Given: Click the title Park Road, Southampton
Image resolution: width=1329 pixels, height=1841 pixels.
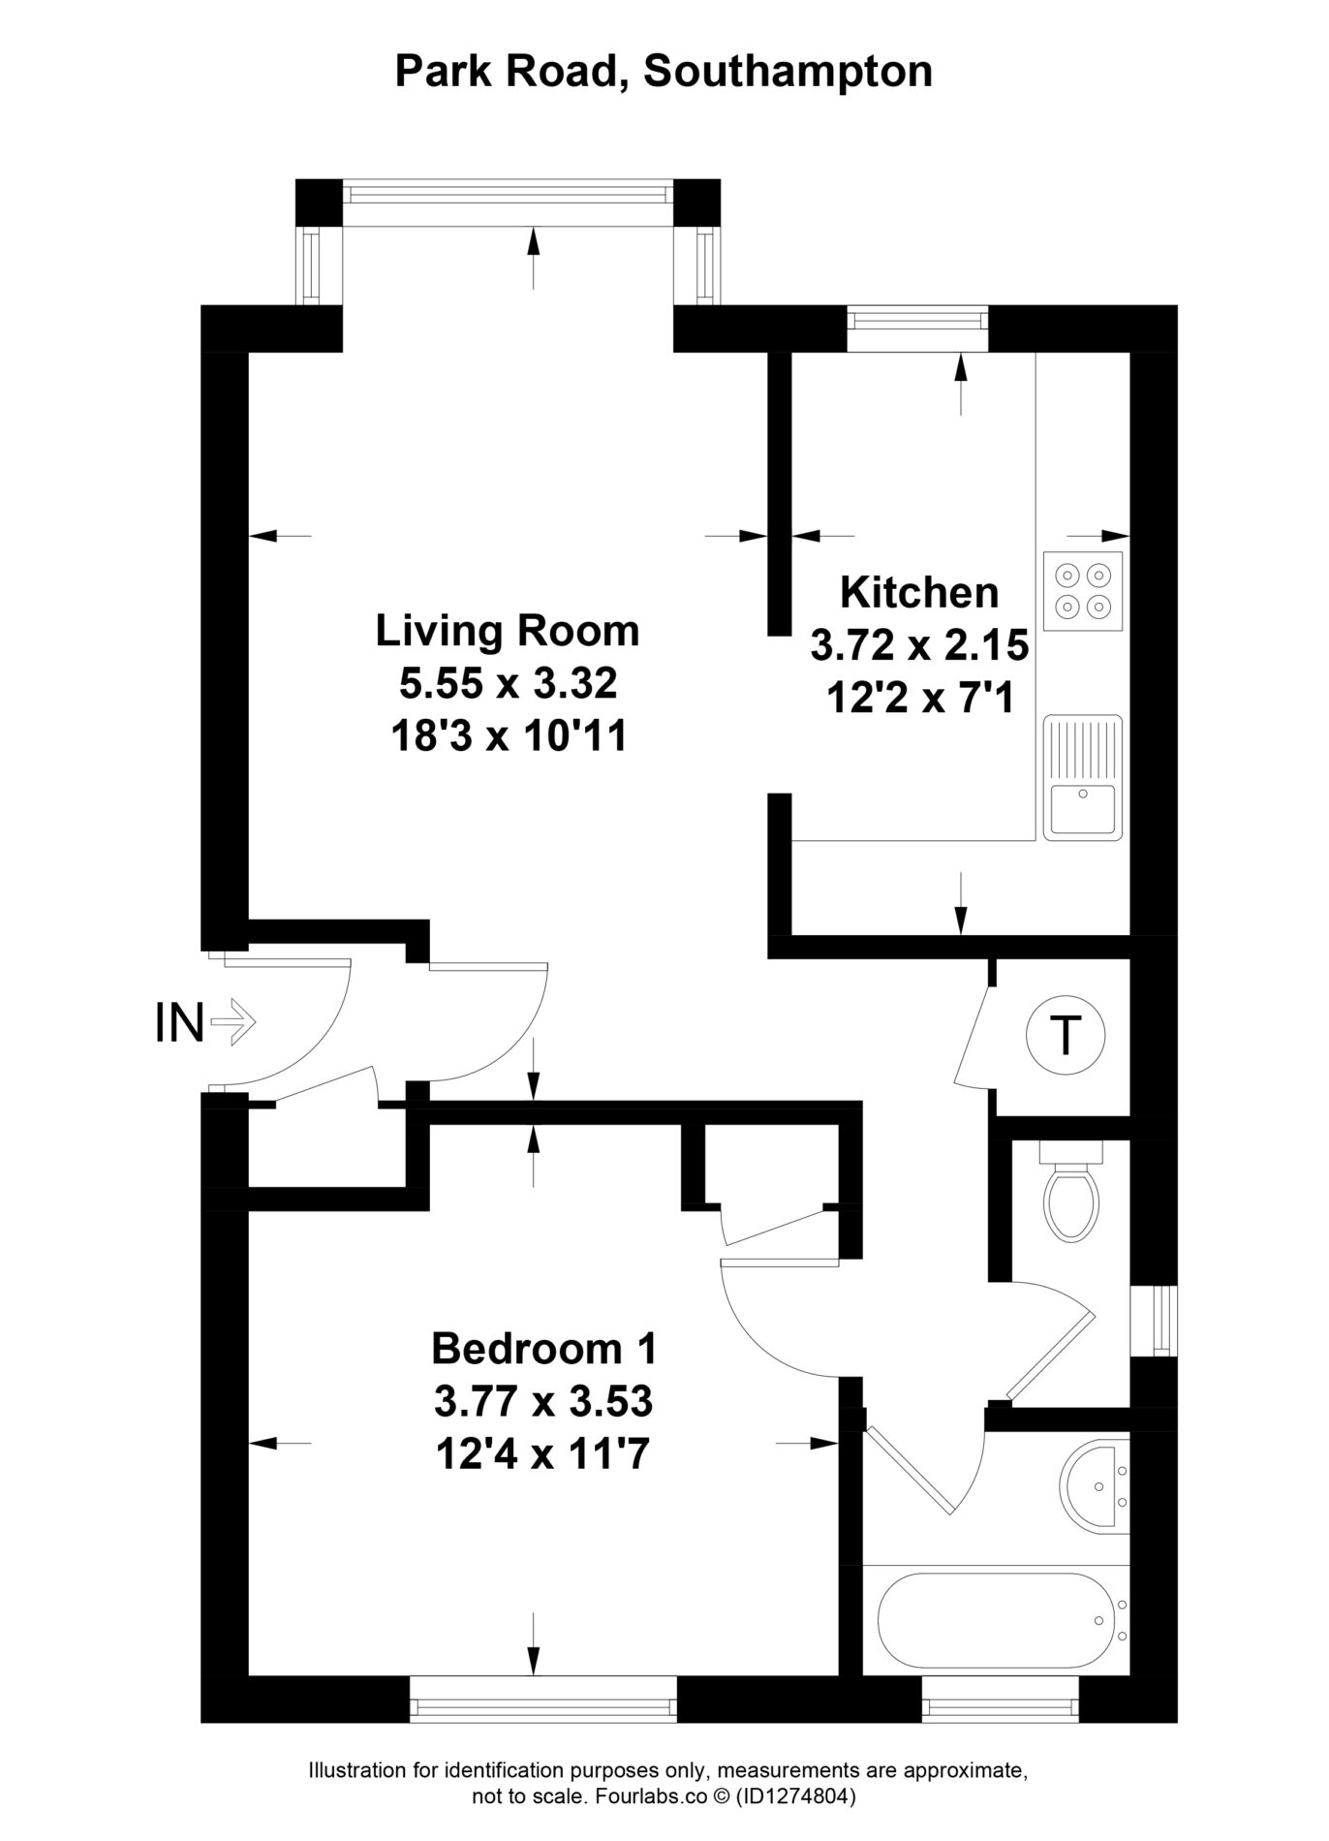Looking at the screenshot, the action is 664,73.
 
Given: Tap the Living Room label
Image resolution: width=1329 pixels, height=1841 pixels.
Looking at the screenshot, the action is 508,631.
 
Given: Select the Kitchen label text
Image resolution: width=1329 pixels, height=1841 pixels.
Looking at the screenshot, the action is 919,591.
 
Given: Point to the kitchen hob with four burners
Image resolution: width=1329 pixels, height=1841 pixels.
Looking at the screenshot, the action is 1083,591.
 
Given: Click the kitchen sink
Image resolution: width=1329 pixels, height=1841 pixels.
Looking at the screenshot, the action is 1083,777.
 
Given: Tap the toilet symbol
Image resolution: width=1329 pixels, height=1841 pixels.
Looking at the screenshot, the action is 1071,1190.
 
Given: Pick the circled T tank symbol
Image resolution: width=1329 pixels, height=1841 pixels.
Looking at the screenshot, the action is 1065,1036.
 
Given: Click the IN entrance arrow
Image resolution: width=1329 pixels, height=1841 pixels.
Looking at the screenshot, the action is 232,1021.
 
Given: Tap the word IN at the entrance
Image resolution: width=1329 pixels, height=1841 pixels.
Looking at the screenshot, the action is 179,1023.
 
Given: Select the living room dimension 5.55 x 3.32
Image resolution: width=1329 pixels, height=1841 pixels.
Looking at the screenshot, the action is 509,684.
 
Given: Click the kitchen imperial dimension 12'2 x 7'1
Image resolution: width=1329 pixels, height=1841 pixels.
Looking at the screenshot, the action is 919,698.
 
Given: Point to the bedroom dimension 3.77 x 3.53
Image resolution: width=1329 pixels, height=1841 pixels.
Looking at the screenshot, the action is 543,1400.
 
